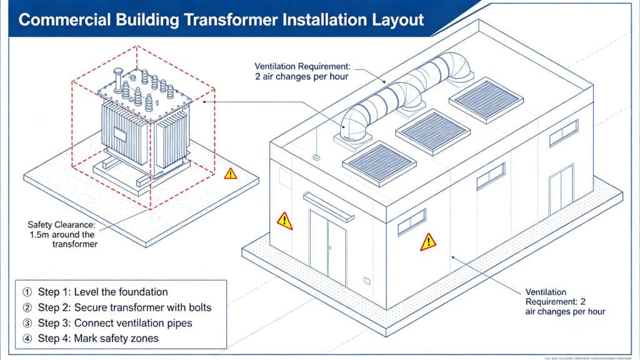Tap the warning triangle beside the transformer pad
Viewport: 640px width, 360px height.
[231, 173]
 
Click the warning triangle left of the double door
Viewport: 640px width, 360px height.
[284, 220]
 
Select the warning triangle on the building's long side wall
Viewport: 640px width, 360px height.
[427, 242]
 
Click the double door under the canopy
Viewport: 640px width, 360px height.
[327, 246]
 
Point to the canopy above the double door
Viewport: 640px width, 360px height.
[329, 207]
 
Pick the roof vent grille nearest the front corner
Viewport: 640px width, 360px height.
[379, 162]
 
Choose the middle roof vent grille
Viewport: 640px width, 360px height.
[433, 130]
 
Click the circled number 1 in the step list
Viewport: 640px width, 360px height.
[26, 292]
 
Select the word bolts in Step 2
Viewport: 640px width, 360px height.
[199, 307]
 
